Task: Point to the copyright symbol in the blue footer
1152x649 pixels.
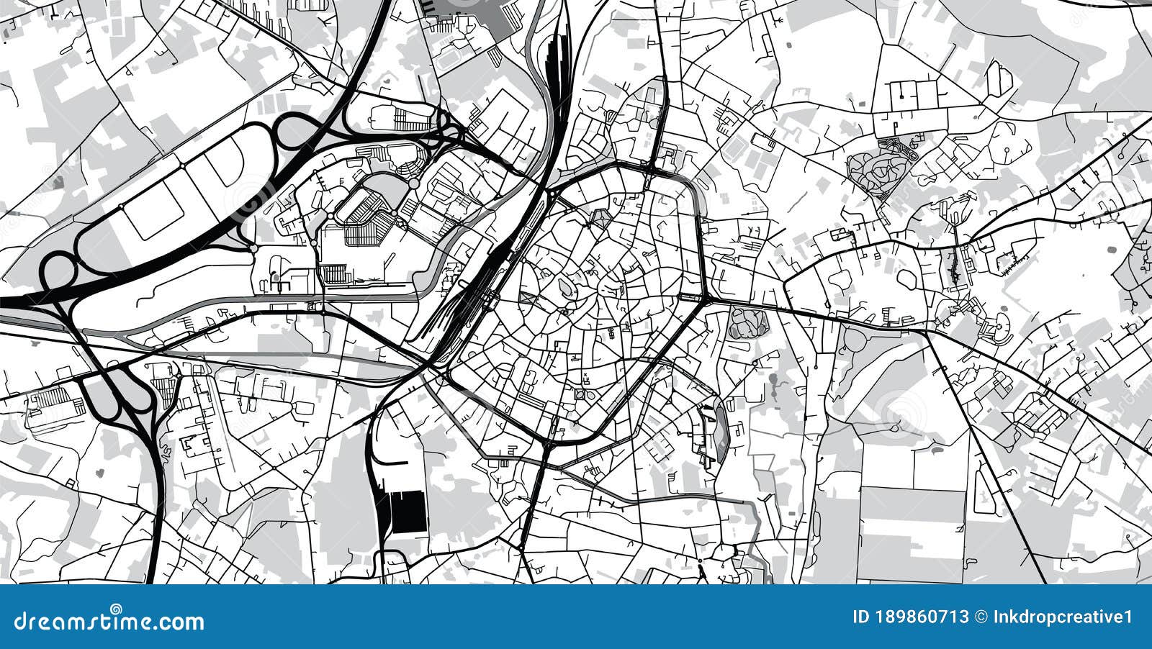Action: pos(980,617)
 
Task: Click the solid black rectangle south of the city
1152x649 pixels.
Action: pos(407,512)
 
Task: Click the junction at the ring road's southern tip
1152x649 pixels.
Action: pos(550,440)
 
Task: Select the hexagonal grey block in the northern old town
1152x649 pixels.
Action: pos(599,217)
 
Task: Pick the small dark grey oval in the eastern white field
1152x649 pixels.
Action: pos(1110,249)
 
